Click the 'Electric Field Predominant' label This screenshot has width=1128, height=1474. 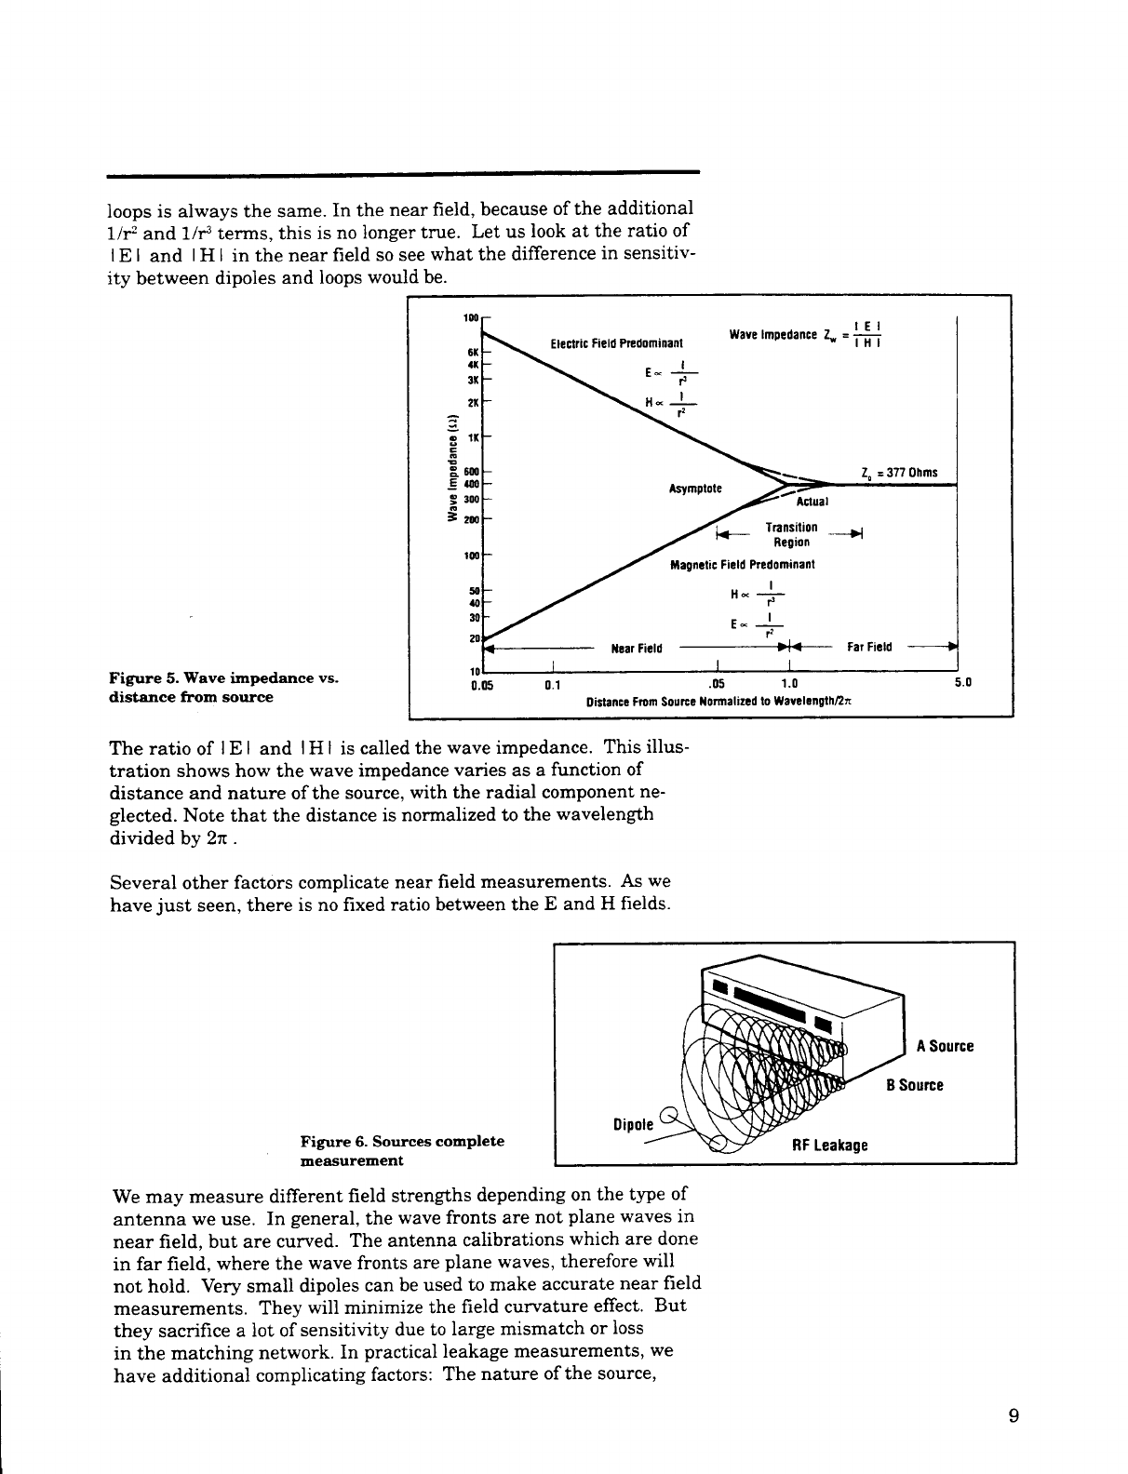click(617, 342)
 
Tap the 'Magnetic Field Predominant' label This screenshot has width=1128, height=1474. click(742, 565)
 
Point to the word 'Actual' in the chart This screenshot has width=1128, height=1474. click(812, 502)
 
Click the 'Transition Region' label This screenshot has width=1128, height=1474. click(790, 534)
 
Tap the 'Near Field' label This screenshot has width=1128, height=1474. click(636, 649)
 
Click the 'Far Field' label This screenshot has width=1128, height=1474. click(868, 647)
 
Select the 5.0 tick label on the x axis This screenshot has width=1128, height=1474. click(962, 682)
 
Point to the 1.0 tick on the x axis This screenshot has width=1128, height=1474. click(787, 682)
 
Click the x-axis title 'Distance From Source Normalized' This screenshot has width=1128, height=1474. click(719, 703)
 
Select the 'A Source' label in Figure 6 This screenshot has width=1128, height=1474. click(944, 1046)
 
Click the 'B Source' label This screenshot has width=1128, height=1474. click(914, 1085)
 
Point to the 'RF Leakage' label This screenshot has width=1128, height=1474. click(829, 1145)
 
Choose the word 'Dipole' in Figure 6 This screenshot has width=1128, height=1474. click(635, 1124)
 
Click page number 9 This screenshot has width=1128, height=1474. click(1014, 1417)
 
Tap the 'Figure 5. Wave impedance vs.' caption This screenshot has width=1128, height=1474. click(222, 679)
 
